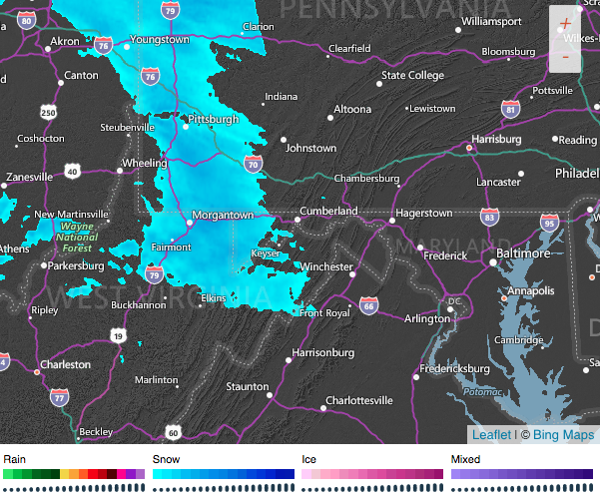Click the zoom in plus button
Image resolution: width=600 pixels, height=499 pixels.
565,22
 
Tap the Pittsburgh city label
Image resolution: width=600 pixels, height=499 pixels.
215,119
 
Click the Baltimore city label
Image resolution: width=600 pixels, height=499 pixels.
523,254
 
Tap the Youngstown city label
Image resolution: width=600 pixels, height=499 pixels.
160,40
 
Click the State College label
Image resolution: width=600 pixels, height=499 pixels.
412,75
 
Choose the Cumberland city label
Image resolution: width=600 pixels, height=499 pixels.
329,212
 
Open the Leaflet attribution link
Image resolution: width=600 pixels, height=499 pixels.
490,434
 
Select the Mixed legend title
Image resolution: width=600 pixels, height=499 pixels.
465,459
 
